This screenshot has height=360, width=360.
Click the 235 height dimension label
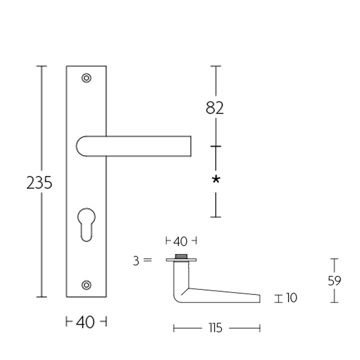click(40, 183)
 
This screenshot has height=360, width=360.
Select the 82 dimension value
click(215, 108)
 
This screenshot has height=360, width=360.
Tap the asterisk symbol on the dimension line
click(216, 180)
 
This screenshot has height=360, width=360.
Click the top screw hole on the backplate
click(86, 78)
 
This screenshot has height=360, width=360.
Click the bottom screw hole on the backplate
click(86, 284)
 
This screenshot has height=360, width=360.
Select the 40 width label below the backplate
click(86, 322)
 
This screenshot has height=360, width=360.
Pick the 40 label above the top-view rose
click(180, 242)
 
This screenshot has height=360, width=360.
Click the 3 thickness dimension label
click(136, 261)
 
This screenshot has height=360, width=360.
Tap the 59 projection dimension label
click(334, 281)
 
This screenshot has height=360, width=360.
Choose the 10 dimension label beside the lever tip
click(292, 298)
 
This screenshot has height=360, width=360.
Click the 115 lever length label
click(216, 328)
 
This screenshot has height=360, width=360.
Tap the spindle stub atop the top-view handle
click(181, 256)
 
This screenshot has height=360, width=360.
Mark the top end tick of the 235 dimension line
click(41, 66)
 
